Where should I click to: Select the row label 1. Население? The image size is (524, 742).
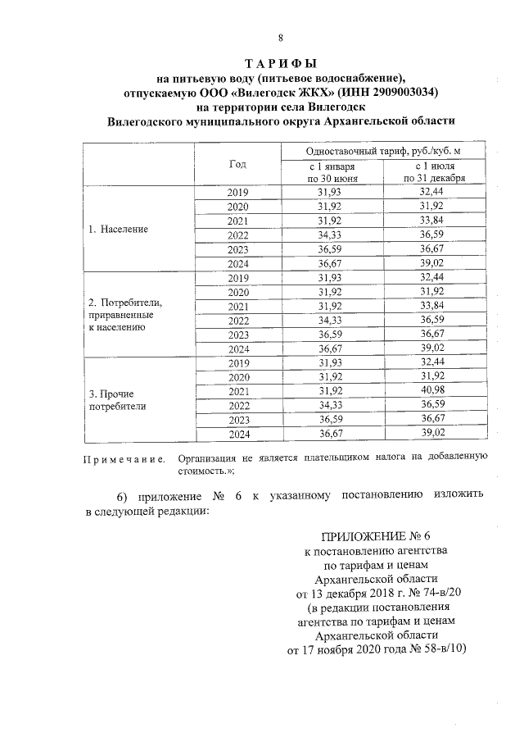point(118,229)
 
